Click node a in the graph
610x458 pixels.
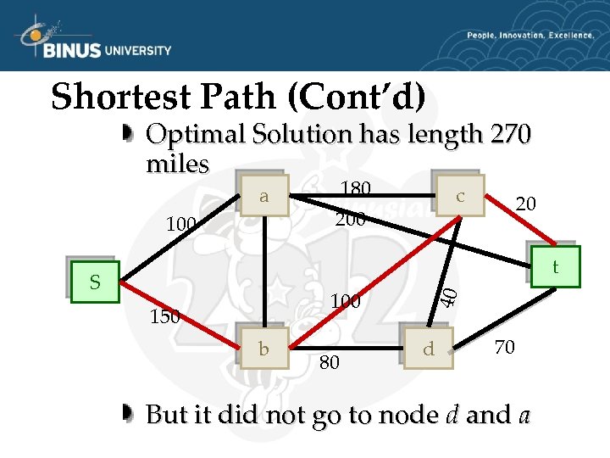pos(263,198)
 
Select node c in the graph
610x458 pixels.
pos(459,196)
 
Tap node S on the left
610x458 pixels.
pos(95,282)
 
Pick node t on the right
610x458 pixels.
pos(555,268)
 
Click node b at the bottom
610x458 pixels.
pos(264,348)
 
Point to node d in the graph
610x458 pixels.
pos(428,348)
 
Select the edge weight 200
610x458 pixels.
pos(350,219)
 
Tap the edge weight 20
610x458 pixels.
pos(525,203)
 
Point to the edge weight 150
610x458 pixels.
pos(164,317)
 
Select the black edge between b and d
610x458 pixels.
pos(347,348)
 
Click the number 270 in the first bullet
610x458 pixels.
pos(508,134)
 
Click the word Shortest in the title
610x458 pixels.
pos(122,97)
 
